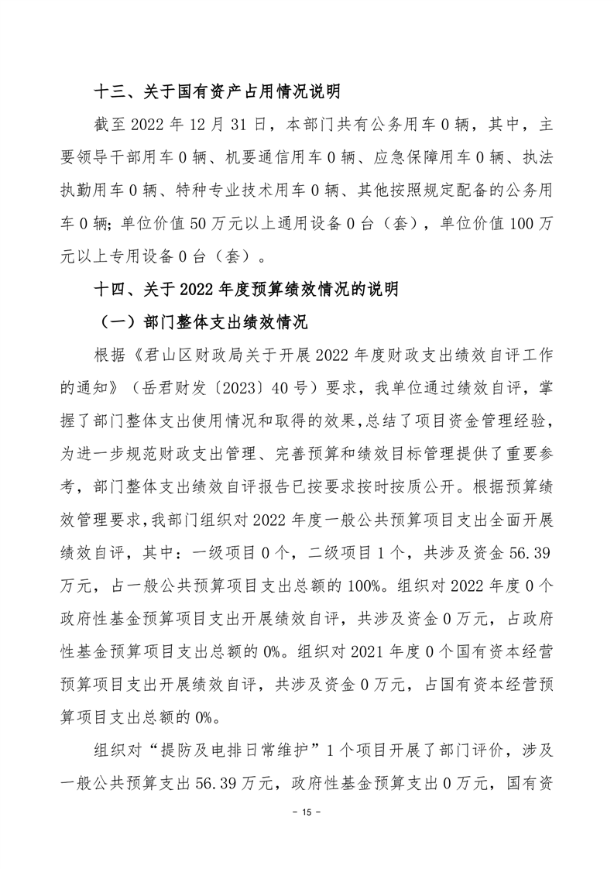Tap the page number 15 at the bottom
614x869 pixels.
[307, 812]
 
